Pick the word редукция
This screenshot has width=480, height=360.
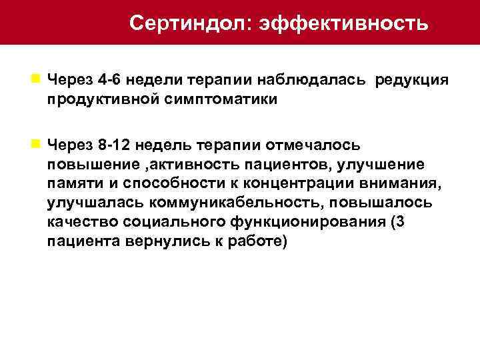point(412,80)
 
